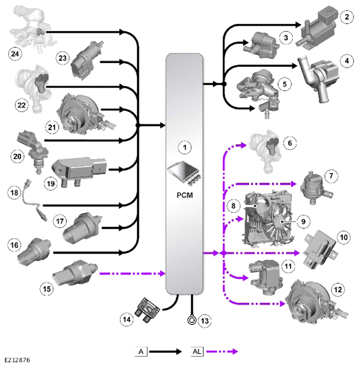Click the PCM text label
pyautogui.click(x=185, y=195)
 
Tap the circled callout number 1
pyautogui.click(x=185, y=147)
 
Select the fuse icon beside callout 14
pyautogui.click(x=147, y=310)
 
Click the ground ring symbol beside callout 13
pyautogui.click(x=192, y=320)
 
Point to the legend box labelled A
pyautogui.click(x=141, y=351)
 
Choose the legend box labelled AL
pyautogui.click(x=197, y=351)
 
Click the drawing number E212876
pyautogui.click(x=18, y=360)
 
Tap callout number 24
pyautogui.click(x=15, y=54)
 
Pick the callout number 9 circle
pyautogui.click(x=303, y=222)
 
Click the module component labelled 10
pyautogui.click(x=319, y=249)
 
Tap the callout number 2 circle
pyautogui.click(x=347, y=17)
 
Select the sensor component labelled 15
pyautogui.click(x=75, y=272)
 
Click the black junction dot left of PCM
pyautogui.click(x=138, y=126)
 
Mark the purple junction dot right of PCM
pyautogui.click(x=224, y=253)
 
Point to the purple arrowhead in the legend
pyautogui.click(x=234, y=351)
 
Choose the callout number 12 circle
pyautogui.click(x=338, y=289)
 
